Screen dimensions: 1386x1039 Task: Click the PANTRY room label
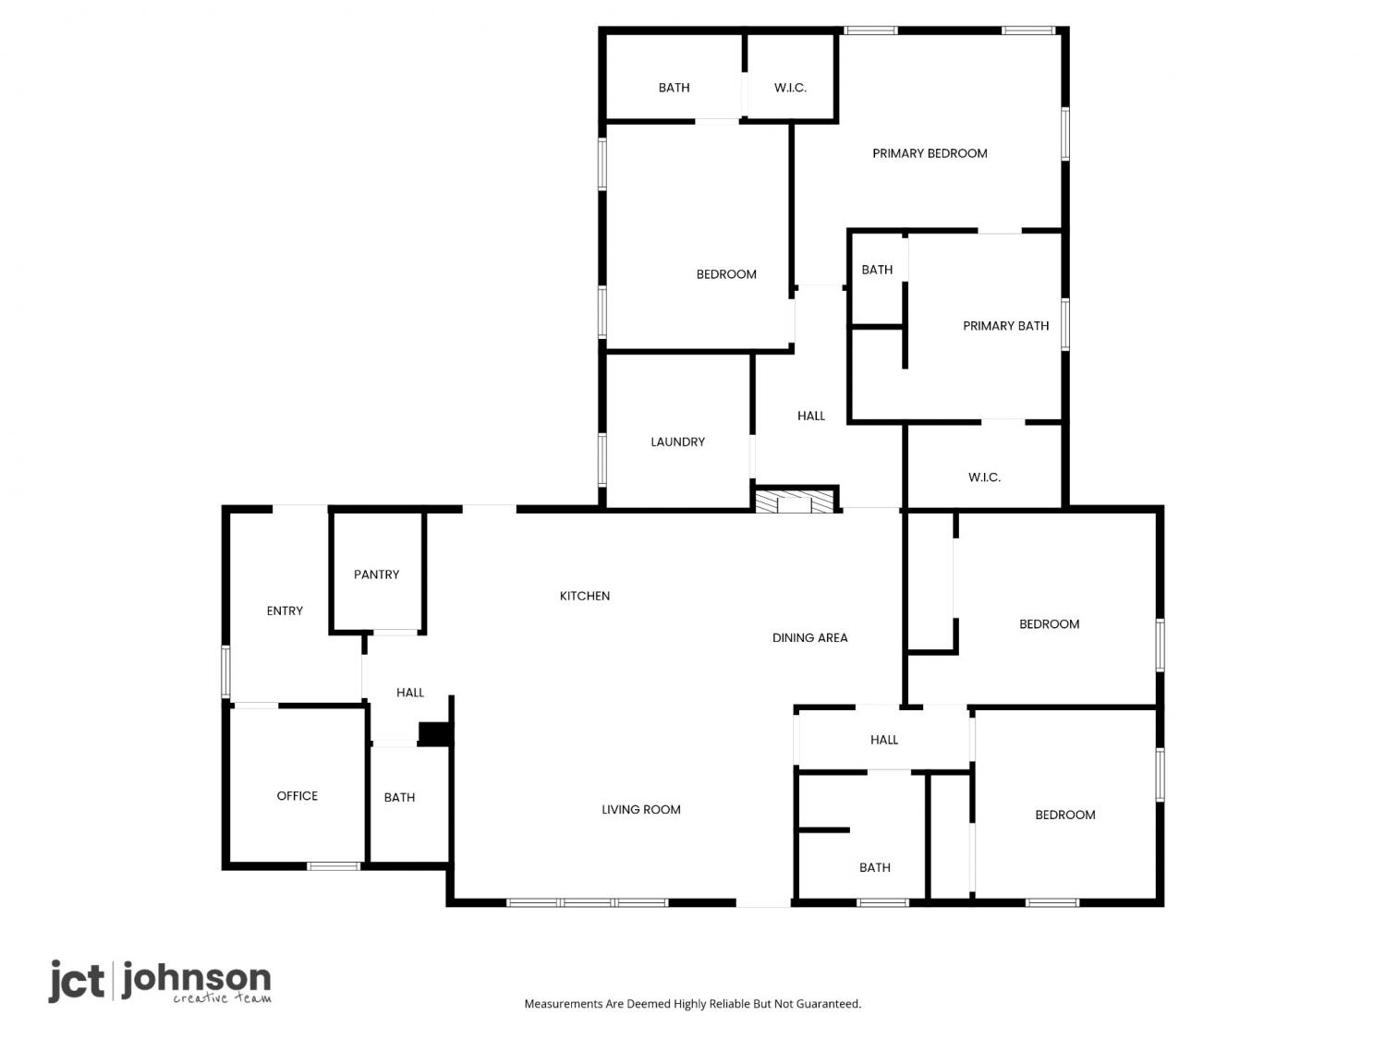click(x=376, y=574)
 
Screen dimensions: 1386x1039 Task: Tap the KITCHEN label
click(x=585, y=596)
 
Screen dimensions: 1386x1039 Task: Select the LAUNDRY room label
click(x=677, y=442)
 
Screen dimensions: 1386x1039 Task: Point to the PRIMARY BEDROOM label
click(x=930, y=153)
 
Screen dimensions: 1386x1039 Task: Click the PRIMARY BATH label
click(x=1005, y=326)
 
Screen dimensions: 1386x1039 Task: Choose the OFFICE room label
click(x=297, y=796)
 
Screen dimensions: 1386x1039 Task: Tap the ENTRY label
click(x=285, y=610)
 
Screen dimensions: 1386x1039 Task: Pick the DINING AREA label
click(x=809, y=638)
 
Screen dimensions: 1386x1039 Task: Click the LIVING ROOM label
click(x=641, y=809)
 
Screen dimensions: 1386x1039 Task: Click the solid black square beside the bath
click(x=433, y=733)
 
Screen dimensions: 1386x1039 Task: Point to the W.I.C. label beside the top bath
click(x=790, y=88)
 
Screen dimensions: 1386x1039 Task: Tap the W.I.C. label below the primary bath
click(x=984, y=477)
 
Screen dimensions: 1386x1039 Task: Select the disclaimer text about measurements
click(x=693, y=1004)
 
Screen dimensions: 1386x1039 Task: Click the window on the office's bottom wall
click(x=334, y=866)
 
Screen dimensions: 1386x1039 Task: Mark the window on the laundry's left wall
click(x=602, y=459)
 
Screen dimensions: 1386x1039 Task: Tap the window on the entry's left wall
click(x=225, y=671)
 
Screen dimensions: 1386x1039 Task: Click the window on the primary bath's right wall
click(x=1064, y=325)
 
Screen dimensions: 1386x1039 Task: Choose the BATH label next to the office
click(x=399, y=797)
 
